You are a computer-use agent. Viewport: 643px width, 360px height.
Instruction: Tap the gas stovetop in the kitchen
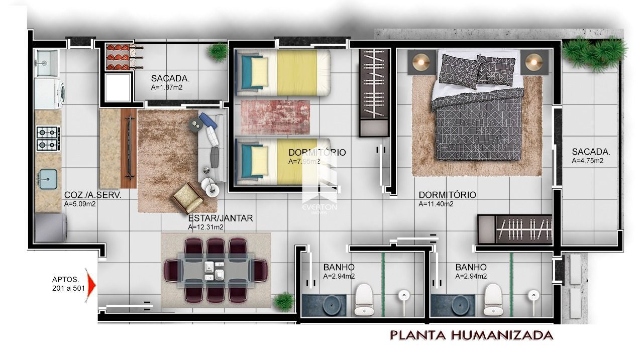tap(48, 139)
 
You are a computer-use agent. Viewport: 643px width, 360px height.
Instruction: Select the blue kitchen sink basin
tap(48, 179)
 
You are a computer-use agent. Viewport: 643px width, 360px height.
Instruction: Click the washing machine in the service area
tap(50, 94)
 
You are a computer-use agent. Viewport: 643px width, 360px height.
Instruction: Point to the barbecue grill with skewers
tap(124, 57)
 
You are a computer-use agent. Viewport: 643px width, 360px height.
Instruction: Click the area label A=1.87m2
tap(167, 87)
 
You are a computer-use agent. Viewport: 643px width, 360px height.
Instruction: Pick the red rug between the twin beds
tap(275, 117)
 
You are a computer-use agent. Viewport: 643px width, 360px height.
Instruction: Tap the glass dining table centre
tap(216, 271)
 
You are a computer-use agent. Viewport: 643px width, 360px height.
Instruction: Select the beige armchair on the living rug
tap(187, 198)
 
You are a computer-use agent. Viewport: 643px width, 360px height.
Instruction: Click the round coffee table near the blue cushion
tap(196, 125)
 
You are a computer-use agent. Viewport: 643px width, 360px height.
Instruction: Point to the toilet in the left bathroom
tap(364, 299)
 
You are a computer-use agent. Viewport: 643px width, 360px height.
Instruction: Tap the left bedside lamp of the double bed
tap(421, 62)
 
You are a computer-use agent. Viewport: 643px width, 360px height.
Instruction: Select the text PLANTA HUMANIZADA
tap(472, 335)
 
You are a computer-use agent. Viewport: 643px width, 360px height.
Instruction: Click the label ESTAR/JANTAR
tap(221, 218)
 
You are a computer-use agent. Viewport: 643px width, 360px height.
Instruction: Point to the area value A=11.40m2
tap(436, 204)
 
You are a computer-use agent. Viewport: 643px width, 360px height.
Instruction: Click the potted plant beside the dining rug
tap(284, 301)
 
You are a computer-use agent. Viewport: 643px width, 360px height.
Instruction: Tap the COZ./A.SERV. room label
tap(93, 195)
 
